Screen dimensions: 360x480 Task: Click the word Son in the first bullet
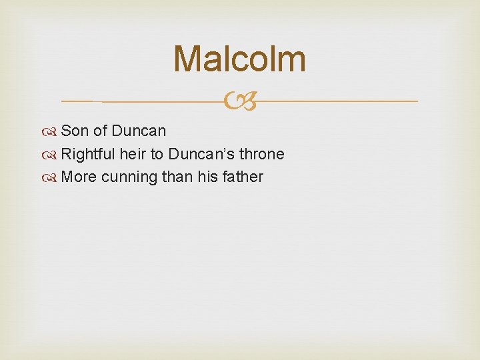[75, 131]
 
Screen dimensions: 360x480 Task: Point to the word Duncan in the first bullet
[139, 131]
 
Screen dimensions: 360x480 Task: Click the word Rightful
[88, 154]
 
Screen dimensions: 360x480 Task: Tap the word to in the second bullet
[157, 154]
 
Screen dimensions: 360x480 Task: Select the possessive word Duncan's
[197, 154]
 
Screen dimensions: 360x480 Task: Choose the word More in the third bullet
[79, 177]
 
